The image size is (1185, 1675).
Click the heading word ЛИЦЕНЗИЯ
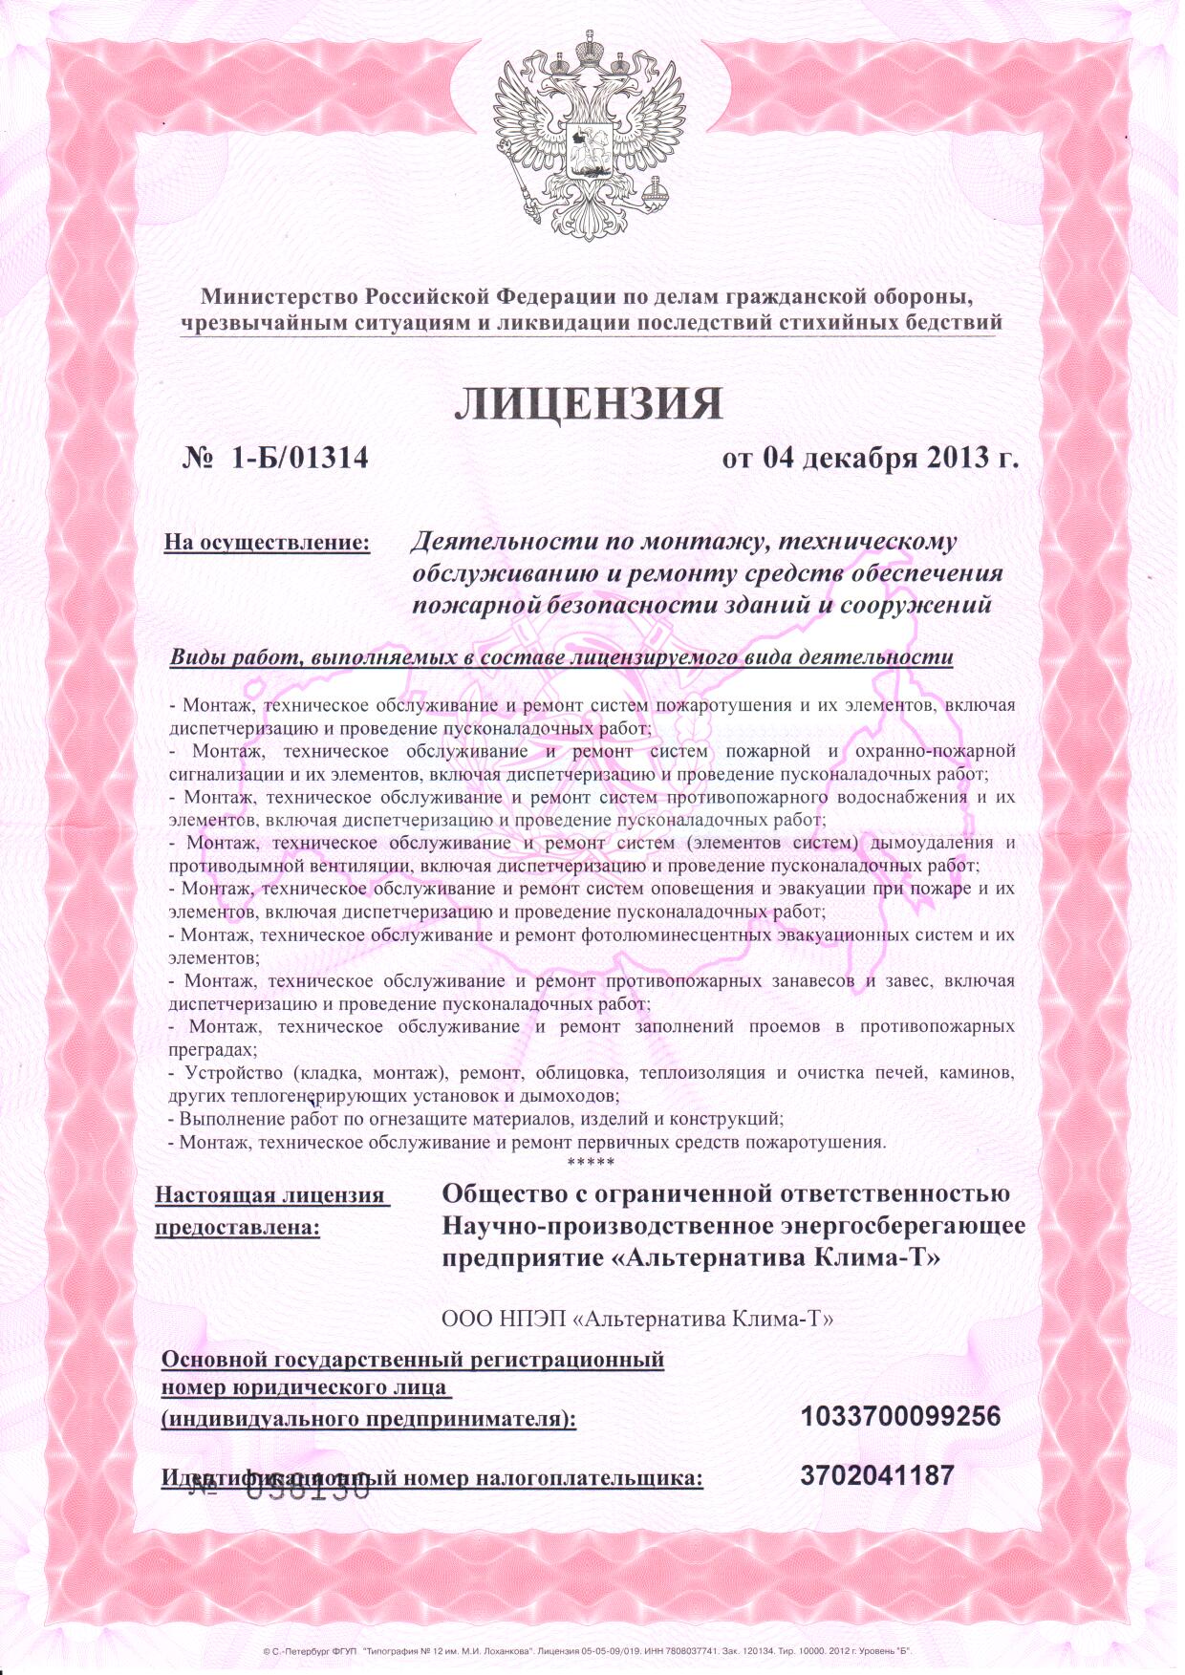(588, 404)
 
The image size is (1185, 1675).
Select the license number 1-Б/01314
(299, 459)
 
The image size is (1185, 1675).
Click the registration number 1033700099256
(900, 1416)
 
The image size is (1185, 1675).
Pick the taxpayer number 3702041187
(877, 1476)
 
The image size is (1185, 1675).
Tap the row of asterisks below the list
(591, 1163)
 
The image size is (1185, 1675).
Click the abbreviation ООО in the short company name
(466, 1320)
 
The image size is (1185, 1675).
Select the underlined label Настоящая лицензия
(270, 1195)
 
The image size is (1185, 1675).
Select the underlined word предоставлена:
(237, 1227)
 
